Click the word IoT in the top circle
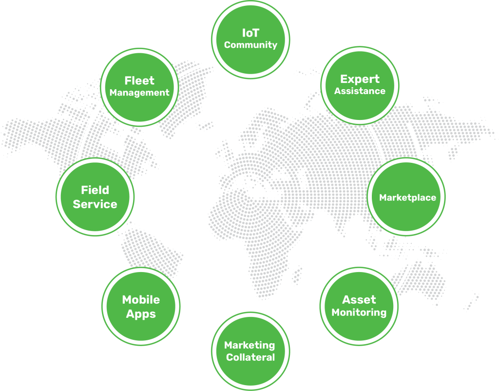click(250, 33)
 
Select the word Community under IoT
click(250, 45)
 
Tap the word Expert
click(360, 79)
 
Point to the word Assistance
click(360, 91)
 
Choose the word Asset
click(359, 300)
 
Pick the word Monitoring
click(359, 313)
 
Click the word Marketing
click(249, 345)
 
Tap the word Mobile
click(141, 300)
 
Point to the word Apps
click(141, 314)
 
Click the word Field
click(95, 190)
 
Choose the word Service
click(95, 204)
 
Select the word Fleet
click(139, 81)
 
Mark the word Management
click(139, 93)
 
